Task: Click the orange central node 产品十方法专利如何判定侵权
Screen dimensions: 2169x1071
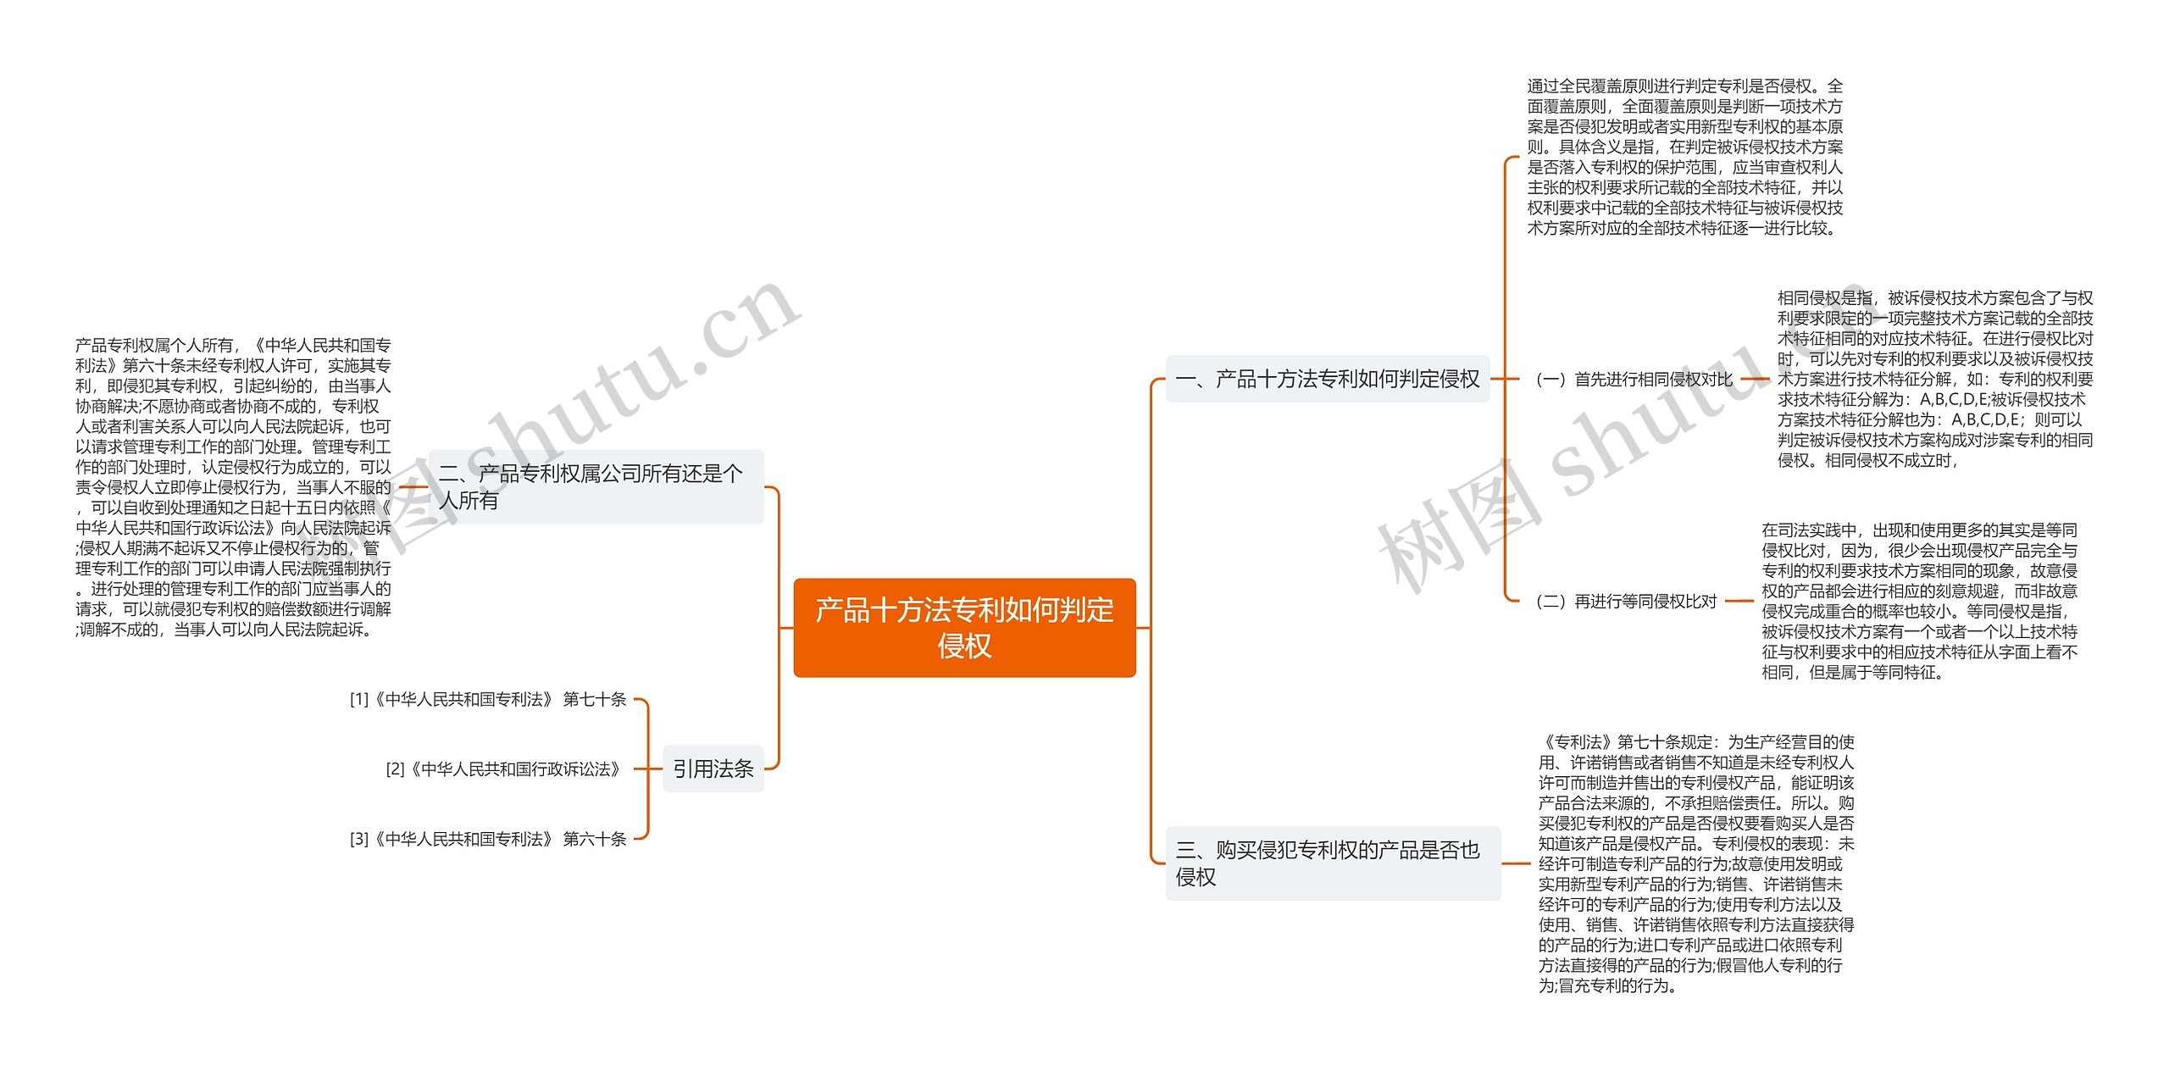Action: tap(964, 627)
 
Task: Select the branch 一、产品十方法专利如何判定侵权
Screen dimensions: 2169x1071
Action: tap(1327, 379)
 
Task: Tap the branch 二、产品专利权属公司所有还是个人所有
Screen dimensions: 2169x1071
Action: tap(596, 486)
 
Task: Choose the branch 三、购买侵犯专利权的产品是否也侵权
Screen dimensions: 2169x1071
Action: tap(1332, 863)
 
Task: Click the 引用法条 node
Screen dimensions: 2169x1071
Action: tap(713, 769)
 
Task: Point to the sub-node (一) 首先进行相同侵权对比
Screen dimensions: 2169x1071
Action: tap(1634, 380)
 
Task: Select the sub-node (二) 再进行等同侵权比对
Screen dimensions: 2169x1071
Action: tap(1626, 602)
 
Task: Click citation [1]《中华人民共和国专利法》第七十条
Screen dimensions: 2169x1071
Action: tap(488, 699)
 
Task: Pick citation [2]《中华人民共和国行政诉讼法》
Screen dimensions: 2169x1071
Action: tap(505, 769)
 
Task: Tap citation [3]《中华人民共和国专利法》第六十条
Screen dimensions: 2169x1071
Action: tap(488, 839)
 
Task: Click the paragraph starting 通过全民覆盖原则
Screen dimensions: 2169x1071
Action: tap(1684, 157)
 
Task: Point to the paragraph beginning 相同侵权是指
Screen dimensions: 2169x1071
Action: tap(1934, 379)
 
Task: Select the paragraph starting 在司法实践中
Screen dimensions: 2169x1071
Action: tap(1919, 601)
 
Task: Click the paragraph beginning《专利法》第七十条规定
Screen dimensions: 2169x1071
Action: tap(1696, 863)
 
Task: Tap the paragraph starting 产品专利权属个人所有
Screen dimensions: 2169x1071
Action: tap(234, 487)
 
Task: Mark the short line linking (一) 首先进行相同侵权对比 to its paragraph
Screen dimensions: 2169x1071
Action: tap(1755, 380)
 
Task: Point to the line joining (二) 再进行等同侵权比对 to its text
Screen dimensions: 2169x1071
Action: tap(1739, 602)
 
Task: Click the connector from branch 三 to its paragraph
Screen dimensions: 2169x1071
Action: tap(1516, 863)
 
